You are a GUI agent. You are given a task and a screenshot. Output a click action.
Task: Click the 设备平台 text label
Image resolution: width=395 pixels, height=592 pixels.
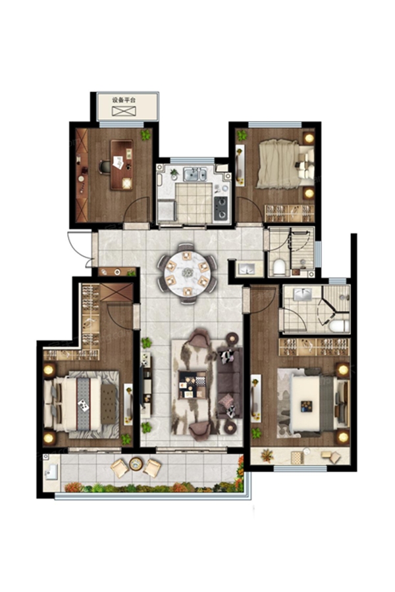click(x=124, y=100)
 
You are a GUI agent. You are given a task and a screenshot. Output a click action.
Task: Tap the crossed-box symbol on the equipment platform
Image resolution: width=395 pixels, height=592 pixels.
click(x=123, y=111)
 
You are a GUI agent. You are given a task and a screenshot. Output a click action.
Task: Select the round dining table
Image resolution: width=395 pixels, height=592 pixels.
click(x=187, y=272)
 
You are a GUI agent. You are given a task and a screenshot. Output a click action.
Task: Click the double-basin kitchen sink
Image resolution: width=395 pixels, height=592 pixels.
click(x=195, y=174)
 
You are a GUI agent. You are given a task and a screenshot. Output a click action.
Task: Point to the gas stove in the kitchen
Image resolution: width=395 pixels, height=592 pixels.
click(x=221, y=209)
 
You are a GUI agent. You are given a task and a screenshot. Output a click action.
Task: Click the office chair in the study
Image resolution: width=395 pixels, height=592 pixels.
click(x=105, y=167)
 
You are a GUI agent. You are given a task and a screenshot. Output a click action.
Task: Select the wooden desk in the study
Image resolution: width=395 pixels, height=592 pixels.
click(x=122, y=165)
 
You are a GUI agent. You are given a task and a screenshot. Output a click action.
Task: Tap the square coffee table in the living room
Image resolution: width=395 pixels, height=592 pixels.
click(x=192, y=384)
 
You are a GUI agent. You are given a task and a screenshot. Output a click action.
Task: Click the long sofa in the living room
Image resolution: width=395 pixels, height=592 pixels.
click(x=230, y=382)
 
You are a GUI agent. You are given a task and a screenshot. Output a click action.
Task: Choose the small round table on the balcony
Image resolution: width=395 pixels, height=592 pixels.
click(x=136, y=464)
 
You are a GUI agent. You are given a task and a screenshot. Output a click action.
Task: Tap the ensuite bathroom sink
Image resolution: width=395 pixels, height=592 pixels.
click(x=302, y=294)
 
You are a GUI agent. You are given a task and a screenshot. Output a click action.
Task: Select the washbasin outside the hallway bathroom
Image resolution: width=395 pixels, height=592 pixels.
click(x=246, y=268)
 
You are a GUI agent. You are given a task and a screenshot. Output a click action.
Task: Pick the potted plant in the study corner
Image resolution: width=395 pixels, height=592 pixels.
click(x=145, y=134)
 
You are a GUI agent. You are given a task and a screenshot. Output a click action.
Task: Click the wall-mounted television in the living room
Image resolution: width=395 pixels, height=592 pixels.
click(x=142, y=386)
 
